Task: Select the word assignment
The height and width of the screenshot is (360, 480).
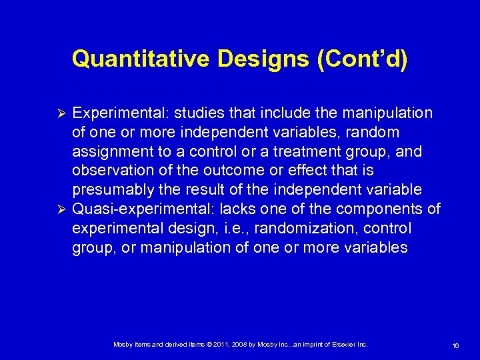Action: (x=109, y=151)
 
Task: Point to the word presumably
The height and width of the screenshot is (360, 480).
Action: (x=109, y=190)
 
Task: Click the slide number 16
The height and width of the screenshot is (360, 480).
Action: (x=456, y=345)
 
